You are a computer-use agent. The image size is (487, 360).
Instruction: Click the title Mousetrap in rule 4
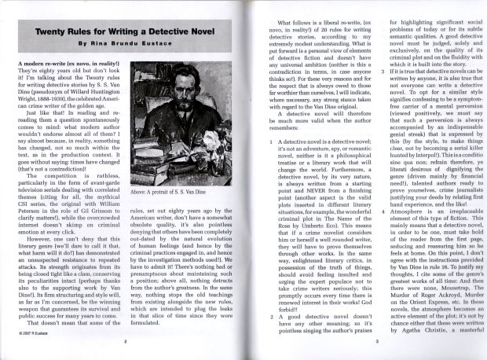452,288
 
